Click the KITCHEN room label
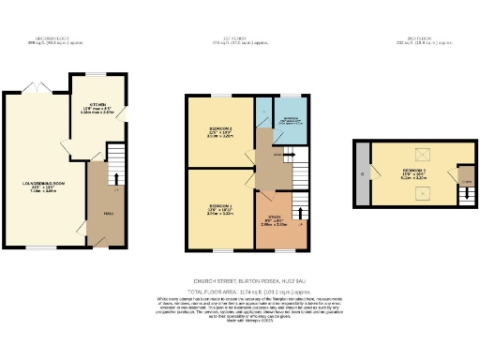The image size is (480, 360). point(96,104)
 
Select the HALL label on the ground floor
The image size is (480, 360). point(96,213)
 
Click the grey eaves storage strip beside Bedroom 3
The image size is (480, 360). point(362,175)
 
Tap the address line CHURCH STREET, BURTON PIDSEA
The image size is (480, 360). point(240,280)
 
